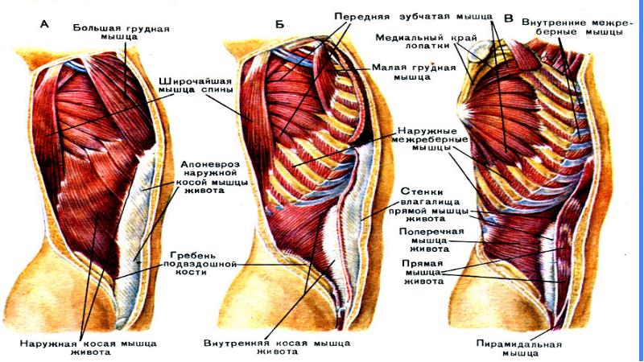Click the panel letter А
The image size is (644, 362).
click(x=45, y=23)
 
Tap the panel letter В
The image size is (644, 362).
click(x=508, y=17)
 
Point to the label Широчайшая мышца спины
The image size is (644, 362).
click(x=196, y=86)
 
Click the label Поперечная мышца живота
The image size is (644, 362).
click(x=430, y=239)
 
